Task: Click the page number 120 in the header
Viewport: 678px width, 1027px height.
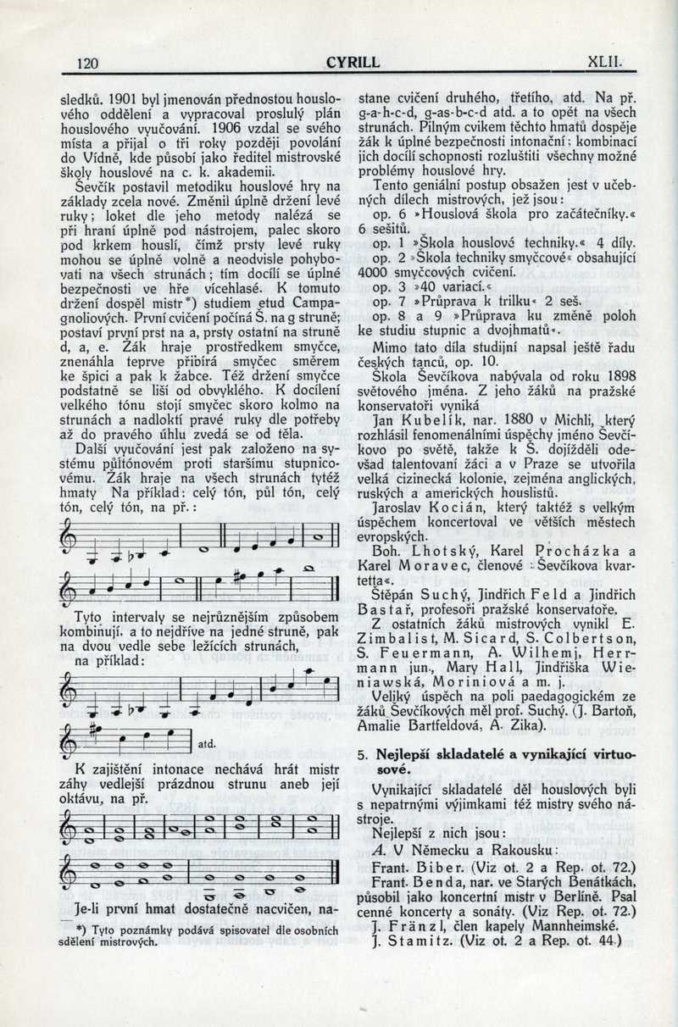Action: tap(88, 62)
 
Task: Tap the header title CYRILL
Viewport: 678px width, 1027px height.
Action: tap(353, 62)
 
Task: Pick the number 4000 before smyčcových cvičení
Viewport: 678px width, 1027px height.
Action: tap(375, 272)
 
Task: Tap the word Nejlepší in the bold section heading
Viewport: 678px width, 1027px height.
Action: tap(404, 753)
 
